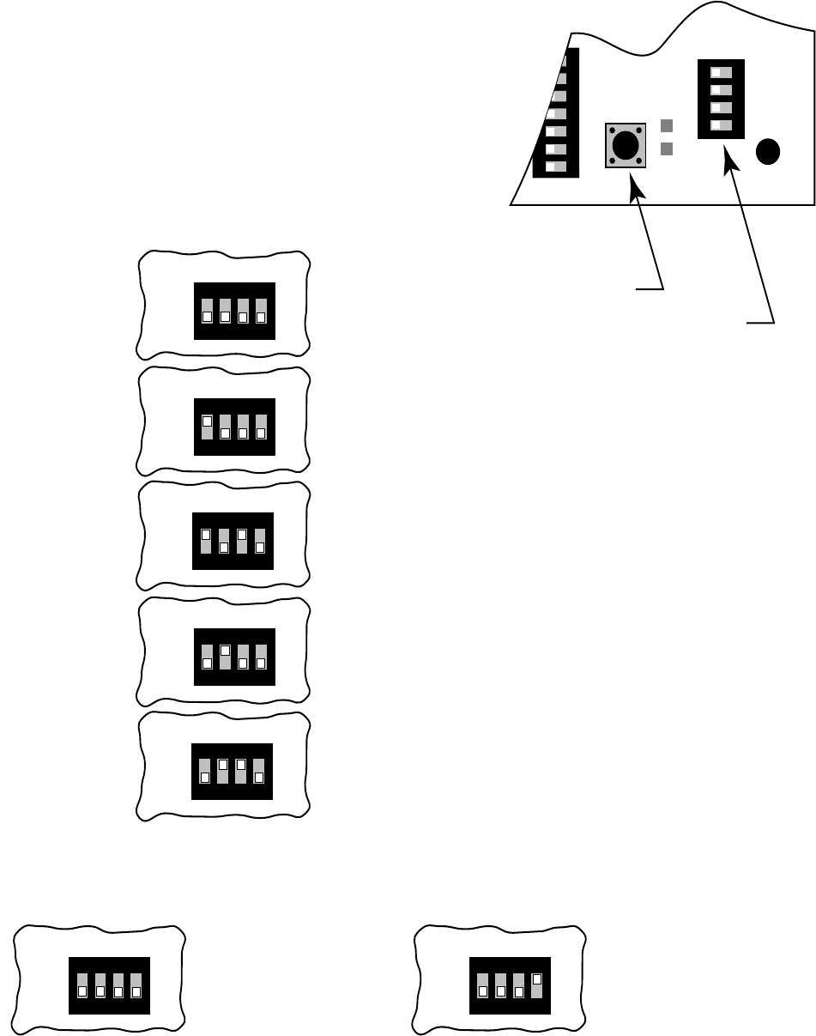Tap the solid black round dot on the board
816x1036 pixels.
coord(768,152)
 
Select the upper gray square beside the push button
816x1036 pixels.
coord(666,126)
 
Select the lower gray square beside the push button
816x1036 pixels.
coord(666,148)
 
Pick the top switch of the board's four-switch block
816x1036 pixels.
coord(721,72)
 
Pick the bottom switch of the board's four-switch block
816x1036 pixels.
coord(721,124)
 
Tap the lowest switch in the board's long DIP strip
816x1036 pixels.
coord(556,167)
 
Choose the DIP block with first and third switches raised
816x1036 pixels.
coord(233,541)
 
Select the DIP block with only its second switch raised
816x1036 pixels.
coord(234,657)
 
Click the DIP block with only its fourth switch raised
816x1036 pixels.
coord(511,985)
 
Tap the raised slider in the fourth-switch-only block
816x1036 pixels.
coord(537,978)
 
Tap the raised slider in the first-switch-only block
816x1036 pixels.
coord(207,421)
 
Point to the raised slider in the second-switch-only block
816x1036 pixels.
coord(225,651)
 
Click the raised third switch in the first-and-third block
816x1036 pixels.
coord(242,535)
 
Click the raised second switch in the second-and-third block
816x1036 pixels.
coord(222,764)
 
